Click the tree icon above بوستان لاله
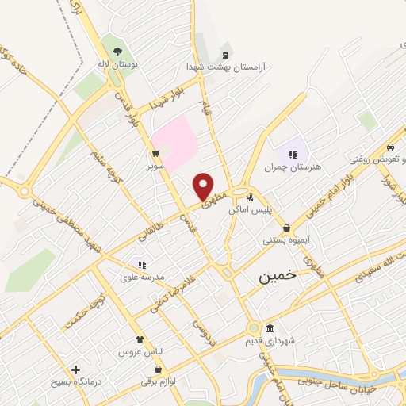click(118, 46)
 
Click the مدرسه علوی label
click(143, 276)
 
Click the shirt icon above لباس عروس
click(140, 338)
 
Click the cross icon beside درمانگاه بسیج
click(76, 370)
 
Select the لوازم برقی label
click(159, 381)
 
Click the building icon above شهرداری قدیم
click(270, 328)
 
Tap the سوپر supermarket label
click(155, 167)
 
